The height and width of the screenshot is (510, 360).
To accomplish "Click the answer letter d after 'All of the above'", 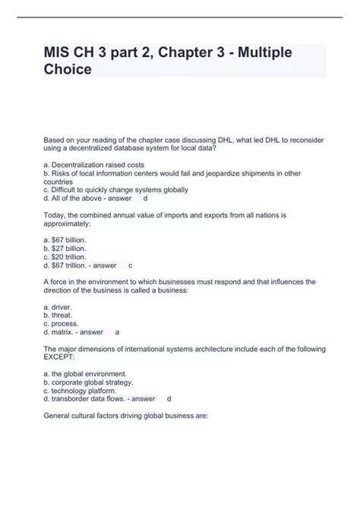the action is pos(145,198).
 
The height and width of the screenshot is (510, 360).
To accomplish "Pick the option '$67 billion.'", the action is pos(65,239).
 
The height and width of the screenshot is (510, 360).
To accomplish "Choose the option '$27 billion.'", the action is pos(65,249).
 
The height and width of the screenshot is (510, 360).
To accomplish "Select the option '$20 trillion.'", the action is pos(65,257).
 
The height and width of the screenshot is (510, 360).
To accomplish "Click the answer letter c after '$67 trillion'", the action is pos(130,266).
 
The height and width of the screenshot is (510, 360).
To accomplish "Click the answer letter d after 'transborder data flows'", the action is pos(169,399).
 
